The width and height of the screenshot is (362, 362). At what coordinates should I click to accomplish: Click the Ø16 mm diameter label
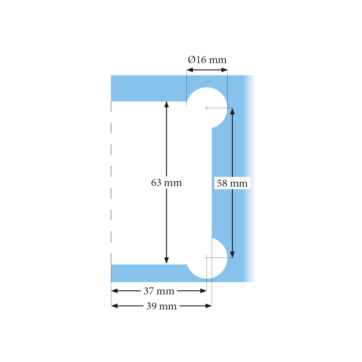[x=207, y=60]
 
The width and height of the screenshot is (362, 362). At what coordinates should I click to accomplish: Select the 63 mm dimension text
[x=167, y=183]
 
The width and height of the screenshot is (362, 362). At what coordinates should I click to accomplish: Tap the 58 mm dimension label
[x=232, y=183]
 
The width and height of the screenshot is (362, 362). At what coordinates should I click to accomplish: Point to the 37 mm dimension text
[x=159, y=291]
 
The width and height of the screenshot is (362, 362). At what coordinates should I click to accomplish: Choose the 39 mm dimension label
[x=161, y=306]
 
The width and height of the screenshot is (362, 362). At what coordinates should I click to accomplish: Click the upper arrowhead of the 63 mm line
[x=167, y=104]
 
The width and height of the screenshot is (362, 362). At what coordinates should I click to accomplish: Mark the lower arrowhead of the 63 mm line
[x=167, y=260]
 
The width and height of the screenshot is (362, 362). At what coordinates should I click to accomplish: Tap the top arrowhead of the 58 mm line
[x=233, y=111]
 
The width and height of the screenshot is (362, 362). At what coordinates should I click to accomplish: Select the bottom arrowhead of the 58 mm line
[x=233, y=254]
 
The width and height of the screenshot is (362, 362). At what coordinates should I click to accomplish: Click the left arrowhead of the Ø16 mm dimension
[x=190, y=70]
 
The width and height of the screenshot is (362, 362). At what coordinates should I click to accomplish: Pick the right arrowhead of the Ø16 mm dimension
[x=224, y=70]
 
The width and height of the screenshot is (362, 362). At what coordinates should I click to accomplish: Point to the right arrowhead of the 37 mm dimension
[x=203, y=291]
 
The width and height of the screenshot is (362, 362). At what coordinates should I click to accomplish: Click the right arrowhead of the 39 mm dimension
[x=209, y=306]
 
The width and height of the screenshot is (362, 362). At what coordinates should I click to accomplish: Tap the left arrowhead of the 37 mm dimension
[x=115, y=291]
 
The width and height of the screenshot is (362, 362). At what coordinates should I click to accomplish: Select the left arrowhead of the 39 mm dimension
[x=115, y=306]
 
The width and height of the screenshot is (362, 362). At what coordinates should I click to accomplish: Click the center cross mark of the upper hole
[x=207, y=108]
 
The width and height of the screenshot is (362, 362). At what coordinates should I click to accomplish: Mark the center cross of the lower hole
[x=207, y=258]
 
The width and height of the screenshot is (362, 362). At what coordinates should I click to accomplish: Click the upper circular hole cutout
[x=207, y=108]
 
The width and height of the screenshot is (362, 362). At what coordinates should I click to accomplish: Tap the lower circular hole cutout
[x=207, y=258]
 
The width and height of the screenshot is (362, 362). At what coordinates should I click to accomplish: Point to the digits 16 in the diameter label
[x=201, y=60]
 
